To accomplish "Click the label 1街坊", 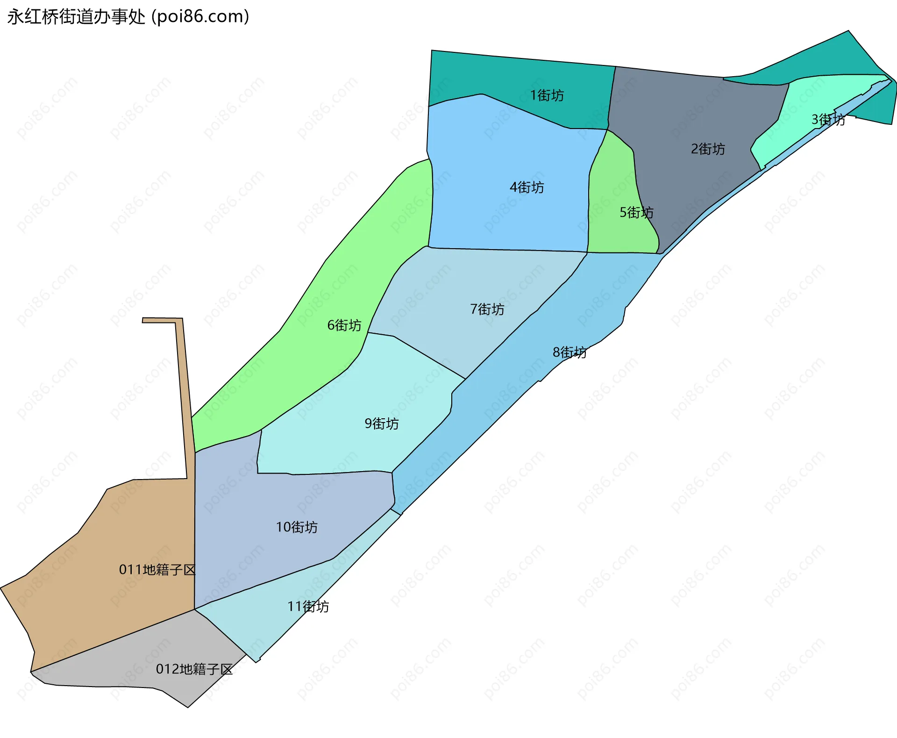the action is [547, 95].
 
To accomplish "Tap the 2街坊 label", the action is [708, 149].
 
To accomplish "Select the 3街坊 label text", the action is [828, 120].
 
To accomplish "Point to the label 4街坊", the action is [527, 187].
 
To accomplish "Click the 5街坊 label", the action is [636, 213].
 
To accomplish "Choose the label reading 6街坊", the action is [344, 325].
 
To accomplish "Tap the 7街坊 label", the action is [487, 309].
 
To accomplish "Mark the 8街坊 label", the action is [570, 352].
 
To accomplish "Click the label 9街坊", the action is [381, 424].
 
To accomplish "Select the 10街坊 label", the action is [297, 527].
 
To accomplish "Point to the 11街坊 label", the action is [308, 607].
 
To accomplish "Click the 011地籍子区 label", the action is [157, 570].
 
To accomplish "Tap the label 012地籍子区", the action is [194, 669].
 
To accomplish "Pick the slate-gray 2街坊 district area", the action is [691, 112].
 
